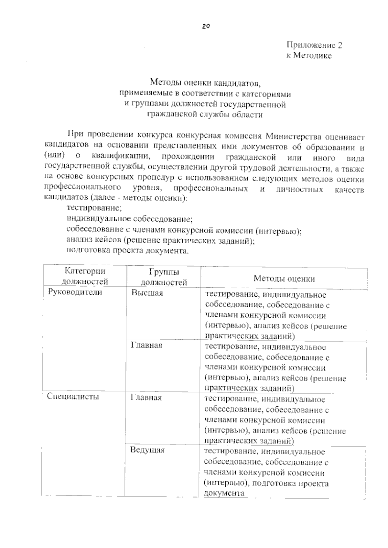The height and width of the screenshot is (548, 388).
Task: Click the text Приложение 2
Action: pyautogui.click(x=314, y=45)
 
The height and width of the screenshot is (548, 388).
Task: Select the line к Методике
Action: pyautogui.click(x=309, y=56)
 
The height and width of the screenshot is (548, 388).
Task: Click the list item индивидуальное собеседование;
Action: pyautogui.click(x=129, y=219)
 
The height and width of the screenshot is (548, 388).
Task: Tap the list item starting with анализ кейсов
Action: pyautogui.click(x=160, y=240)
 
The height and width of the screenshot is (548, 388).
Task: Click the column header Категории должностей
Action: pyautogui.click(x=85, y=276)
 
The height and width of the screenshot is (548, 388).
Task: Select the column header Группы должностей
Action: pyautogui.click(x=164, y=277)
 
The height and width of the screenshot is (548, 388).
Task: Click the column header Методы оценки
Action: pyautogui.click(x=284, y=279)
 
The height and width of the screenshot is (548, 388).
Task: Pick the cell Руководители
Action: pyautogui.click(x=75, y=292)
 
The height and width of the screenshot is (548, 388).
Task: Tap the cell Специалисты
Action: pyautogui.click(x=73, y=396)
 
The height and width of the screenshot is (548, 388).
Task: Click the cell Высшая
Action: pyautogui.click(x=147, y=293)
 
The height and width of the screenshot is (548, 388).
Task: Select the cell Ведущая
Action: pyautogui.click(x=147, y=450)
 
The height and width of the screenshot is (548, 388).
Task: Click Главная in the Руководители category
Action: pyautogui.click(x=146, y=345)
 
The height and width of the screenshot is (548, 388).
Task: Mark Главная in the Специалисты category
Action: pyautogui.click(x=146, y=397)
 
